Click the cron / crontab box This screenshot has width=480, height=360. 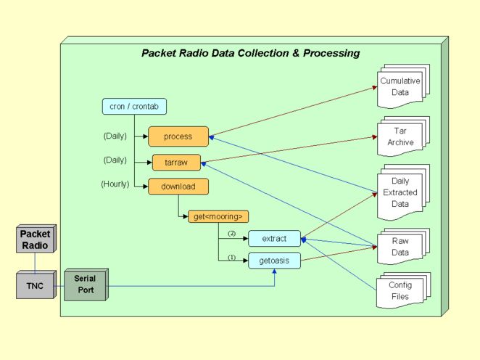(134, 107)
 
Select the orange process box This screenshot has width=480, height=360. (178, 136)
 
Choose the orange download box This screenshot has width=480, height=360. (178, 186)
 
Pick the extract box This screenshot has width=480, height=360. (274, 237)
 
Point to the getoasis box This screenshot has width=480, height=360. (274, 260)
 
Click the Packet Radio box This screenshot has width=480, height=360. (35, 240)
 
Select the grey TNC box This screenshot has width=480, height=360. (35, 285)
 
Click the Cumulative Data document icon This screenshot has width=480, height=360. (400, 86)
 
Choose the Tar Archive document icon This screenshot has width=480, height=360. (400, 136)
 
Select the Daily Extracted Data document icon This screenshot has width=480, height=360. (400, 192)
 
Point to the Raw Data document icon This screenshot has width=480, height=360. (400, 247)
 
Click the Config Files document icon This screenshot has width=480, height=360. (400, 290)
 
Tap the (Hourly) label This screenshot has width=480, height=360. (115, 184)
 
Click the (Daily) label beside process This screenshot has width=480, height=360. (115, 135)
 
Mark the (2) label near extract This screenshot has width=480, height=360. (232, 234)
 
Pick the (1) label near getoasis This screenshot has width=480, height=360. (232, 256)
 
